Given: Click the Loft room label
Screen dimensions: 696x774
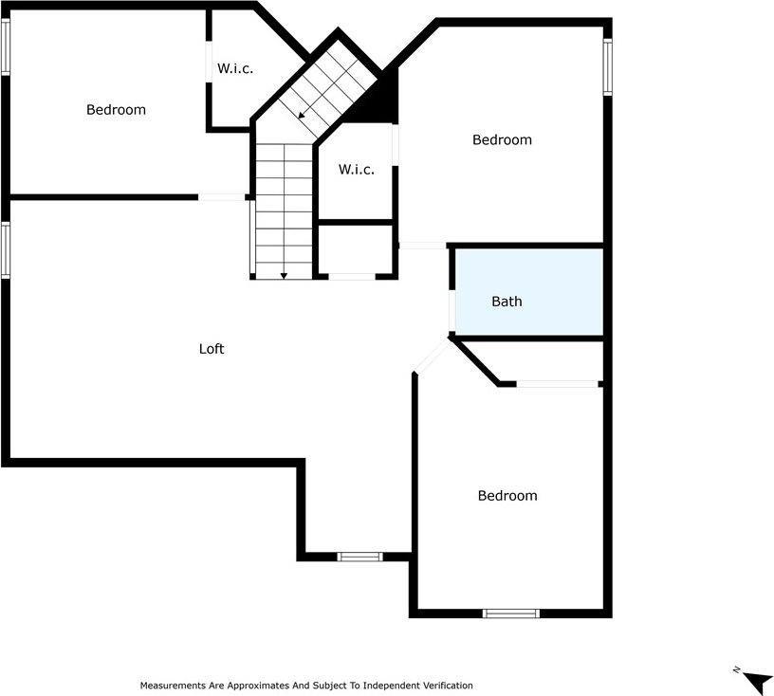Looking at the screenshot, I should tap(211, 349).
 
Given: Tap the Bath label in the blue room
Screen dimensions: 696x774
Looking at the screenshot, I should tap(507, 302).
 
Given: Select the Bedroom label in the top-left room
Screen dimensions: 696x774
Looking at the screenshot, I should tap(116, 110).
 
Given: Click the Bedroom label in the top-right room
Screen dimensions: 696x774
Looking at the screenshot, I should tap(502, 140).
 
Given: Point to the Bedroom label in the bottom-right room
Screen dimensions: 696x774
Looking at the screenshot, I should tap(507, 496).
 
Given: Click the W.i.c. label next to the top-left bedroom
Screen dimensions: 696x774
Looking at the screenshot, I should tap(235, 69).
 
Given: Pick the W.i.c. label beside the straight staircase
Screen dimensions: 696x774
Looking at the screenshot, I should tap(356, 170).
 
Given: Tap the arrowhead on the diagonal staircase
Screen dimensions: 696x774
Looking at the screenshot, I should tap(302, 116).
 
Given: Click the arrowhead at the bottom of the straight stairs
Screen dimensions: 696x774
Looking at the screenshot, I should tap(284, 275).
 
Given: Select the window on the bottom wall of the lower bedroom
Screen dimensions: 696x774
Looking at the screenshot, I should tap(511, 614).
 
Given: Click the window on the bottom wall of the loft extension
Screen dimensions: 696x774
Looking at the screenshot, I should tap(360, 557).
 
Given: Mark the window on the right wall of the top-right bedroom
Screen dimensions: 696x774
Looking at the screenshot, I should tap(608, 67).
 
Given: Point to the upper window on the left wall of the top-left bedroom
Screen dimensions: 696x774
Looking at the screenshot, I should tap(5, 46).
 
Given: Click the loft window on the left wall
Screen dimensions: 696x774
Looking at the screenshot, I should tap(5, 249).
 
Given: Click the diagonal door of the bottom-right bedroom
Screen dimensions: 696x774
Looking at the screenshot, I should tap(433, 357).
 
